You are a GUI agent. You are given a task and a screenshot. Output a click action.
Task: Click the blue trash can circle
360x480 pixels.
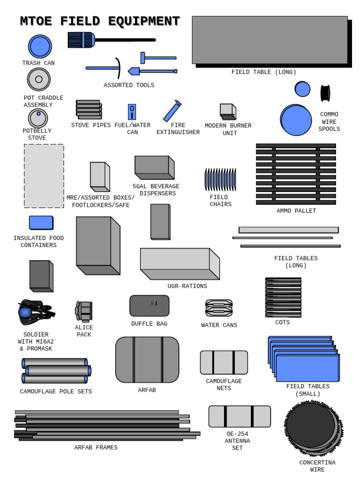[40, 46]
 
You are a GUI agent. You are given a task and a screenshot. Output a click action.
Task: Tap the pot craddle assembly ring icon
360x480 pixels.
[38, 79]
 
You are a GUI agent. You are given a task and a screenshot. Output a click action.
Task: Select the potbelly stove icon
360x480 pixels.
[38, 118]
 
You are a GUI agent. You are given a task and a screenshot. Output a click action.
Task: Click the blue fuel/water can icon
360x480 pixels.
[132, 112]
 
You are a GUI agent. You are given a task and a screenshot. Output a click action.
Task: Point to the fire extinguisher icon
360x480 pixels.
[172, 111]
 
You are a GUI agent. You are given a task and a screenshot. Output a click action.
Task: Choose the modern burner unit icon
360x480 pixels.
[228, 112]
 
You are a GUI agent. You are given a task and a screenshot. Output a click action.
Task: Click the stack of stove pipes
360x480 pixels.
[89, 110]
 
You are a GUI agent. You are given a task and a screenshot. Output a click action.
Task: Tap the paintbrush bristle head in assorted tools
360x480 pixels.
[81, 40]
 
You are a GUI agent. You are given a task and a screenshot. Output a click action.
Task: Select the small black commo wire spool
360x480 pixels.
[325, 93]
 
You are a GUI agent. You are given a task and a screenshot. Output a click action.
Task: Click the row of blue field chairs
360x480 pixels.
[220, 180]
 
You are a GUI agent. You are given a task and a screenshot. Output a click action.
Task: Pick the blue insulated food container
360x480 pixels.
[41, 223]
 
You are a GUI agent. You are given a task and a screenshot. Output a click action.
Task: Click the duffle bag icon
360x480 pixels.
[149, 306]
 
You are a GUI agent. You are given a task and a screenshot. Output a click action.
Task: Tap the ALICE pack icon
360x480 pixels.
[84, 311]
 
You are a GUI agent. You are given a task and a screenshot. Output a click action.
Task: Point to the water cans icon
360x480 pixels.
[219, 308]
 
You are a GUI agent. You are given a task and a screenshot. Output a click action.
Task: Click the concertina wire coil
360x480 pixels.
[313, 427]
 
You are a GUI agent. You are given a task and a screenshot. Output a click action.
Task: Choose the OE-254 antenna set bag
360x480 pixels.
[240, 416]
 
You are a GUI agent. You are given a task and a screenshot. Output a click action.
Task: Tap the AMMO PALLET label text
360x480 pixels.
[296, 211]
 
